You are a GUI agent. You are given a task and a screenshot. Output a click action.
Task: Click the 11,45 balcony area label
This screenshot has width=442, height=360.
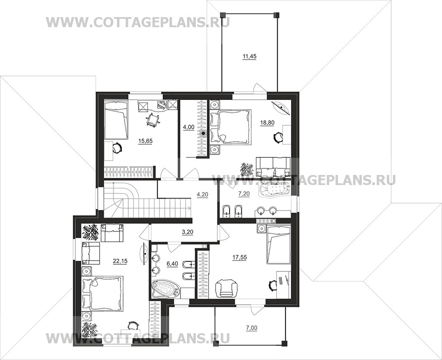(x=249, y=57)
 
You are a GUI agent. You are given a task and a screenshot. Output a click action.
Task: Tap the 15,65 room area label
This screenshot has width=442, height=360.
(x=145, y=141)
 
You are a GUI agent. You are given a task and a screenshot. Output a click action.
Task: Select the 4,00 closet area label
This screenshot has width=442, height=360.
(x=188, y=127)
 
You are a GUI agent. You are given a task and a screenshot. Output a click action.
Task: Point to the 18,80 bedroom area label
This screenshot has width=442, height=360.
(x=267, y=123)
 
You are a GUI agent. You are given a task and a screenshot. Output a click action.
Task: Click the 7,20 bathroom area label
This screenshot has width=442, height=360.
(x=244, y=194)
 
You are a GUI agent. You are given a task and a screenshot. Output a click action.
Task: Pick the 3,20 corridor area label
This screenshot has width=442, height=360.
(x=187, y=232)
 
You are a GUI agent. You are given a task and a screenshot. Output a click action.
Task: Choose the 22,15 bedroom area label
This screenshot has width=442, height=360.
(x=120, y=261)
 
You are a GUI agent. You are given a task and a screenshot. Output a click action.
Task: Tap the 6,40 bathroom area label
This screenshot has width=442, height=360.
(x=172, y=264)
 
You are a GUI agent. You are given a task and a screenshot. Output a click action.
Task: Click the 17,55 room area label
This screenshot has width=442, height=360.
(x=239, y=257)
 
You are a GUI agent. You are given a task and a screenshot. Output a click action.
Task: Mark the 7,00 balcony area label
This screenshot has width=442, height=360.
(x=251, y=328)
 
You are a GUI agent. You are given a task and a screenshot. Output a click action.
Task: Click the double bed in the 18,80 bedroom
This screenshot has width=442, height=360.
(x=230, y=126)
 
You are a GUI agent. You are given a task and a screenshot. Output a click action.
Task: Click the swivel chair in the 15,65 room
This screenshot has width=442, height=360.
(x=153, y=120)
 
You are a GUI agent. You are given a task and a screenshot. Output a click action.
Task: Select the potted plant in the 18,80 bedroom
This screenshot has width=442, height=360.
(x=247, y=169)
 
